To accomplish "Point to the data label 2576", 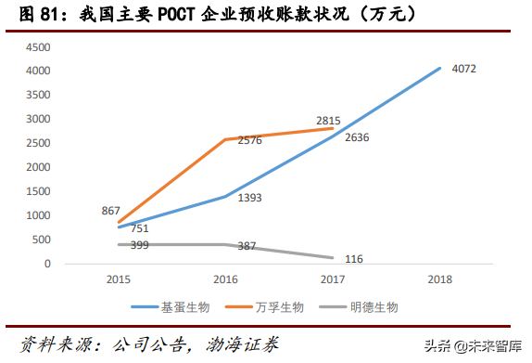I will (x=249, y=139).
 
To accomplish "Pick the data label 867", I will (x=111, y=212).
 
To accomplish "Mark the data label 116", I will (x=354, y=259).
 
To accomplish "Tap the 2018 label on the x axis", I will (x=439, y=279).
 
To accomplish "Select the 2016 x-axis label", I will (x=226, y=279).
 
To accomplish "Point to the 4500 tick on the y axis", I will (x=38, y=46).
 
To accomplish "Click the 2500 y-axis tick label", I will (x=38, y=143).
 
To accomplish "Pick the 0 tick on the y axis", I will (x=48, y=264).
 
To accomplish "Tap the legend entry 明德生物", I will (x=380, y=306).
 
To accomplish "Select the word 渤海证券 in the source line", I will (x=255, y=343).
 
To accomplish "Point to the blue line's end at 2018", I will (x=439, y=68).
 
